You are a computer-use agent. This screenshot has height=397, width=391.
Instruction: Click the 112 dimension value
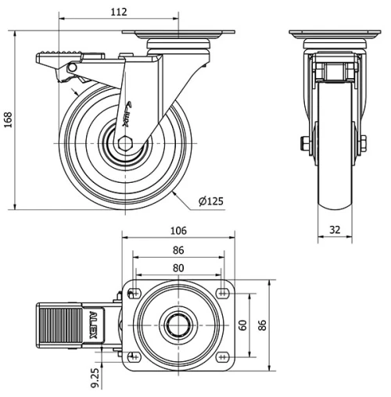(x=118, y=13)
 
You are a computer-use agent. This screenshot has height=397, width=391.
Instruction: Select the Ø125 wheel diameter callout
(x=210, y=202)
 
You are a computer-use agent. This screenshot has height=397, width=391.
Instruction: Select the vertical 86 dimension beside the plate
(x=262, y=324)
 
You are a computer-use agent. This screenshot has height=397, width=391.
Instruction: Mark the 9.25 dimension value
(x=95, y=377)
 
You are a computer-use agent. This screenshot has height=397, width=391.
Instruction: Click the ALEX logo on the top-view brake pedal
(x=94, y=323)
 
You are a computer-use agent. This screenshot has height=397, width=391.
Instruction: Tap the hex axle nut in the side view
(x=126, y=144)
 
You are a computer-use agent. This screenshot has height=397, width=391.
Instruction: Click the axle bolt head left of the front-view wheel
(x=303, y=143)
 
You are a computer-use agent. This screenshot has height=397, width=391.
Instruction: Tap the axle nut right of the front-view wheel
(x=363, y=143)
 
